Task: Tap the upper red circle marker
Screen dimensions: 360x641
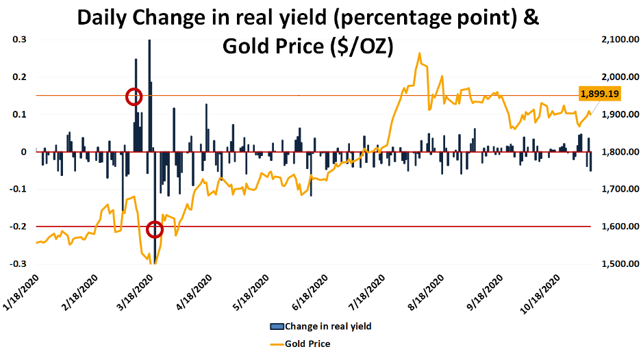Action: [x=134, y=97]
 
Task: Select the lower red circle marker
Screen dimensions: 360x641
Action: [x=155, y=229]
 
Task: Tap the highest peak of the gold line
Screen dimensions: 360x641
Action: [x=419, y=53]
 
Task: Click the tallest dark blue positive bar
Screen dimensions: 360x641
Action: [x=149, y=96]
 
